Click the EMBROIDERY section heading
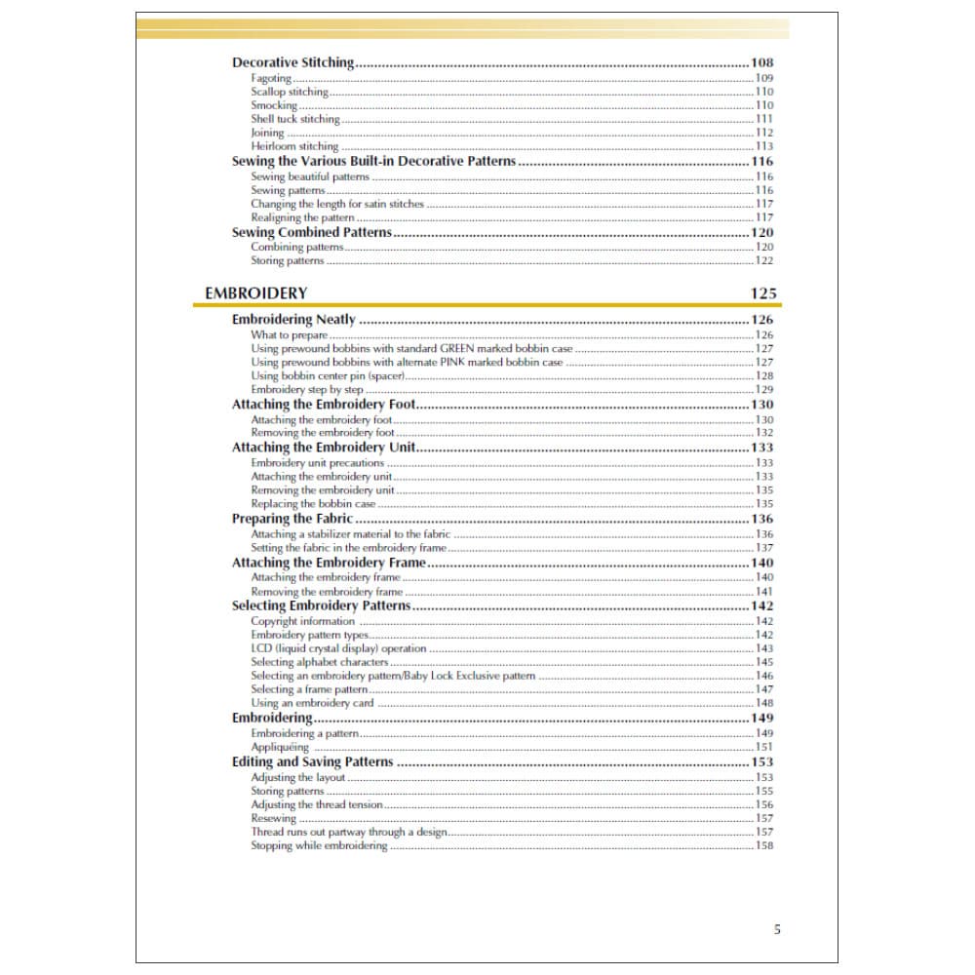pyautogui.click(x=255, y=292)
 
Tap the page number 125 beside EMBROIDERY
pyautogui.click(x=763, y=292)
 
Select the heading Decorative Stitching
pyautogui.click(x=292, y=62)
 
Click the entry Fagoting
pyautogui.click(x=271, y=78)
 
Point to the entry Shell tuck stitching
pyautogui.click(x=295, y=119)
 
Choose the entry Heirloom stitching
pyautogui.click(x=294, y=146)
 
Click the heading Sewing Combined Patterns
pyautogui.click(x=311, y=233)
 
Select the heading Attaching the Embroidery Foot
pyautogui.click(x=323, y=405)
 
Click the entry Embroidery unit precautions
pyautogui.click(x=317, y=463)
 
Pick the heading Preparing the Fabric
pyautogui.click(x=292, y=519)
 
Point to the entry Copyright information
pyautogui.click(x=302, y=621)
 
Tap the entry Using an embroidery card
pyautogui.click(x=312, y=703)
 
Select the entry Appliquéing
pyautogui.click(x=279, y=747)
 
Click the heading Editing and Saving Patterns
pyautogui.click(x=312, y=762)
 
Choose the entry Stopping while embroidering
pyautogui.click(x=319, y=845)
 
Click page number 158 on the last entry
pyautogui.click(x=764, y=845)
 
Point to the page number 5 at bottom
pyautogui.click(x=777, y=929)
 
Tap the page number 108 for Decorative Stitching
pyautogui.click(x=762, y=62)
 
